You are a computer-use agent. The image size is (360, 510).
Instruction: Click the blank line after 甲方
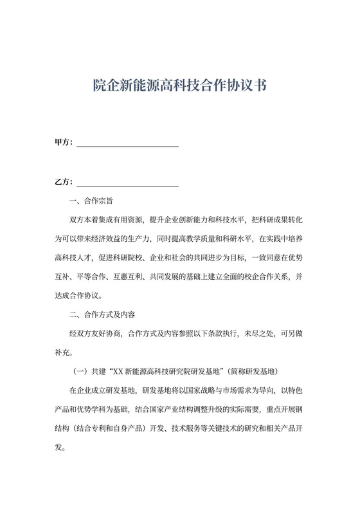tap(127, 144)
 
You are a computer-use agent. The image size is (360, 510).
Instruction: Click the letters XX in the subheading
tap(118, 371)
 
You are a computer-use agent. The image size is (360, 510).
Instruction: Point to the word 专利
tap(114, 428)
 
